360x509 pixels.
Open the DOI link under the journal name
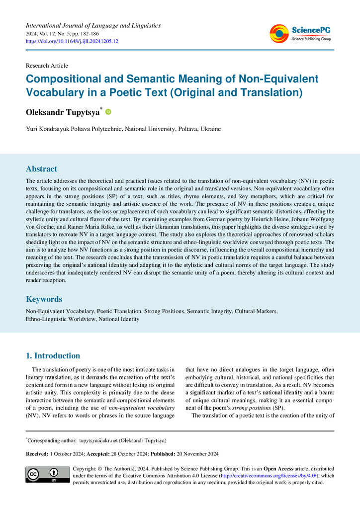pyautogui.click(x=72, y=41)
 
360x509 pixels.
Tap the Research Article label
pyautogui.click(x=47, y=66)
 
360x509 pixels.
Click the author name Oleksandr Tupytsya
pyautogui.click(x=63, y=112)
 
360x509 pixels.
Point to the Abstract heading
pyautogui.click(x=41, y=169)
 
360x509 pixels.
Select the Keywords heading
pyautogui.click(x=44, y=299)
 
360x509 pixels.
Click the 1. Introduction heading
pyautogui.click(x=52, y=356)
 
